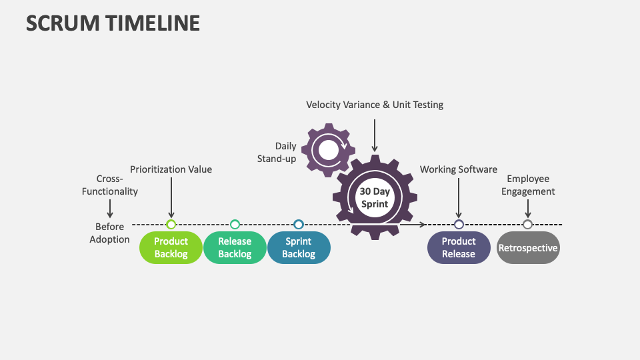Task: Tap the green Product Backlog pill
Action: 171,247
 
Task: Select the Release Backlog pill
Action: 235,247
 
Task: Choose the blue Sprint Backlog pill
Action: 299,247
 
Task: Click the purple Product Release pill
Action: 459,247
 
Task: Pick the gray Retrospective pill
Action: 528,247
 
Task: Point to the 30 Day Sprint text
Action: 375,197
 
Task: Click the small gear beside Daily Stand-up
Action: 328,151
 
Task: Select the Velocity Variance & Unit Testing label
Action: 375,105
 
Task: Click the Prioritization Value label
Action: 171,169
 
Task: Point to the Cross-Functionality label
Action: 110,185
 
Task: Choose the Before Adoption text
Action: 110,233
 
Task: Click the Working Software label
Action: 459,169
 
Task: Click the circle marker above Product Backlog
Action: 171,225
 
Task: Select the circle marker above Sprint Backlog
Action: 299,225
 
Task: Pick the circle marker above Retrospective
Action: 527,225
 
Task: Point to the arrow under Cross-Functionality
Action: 110,209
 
